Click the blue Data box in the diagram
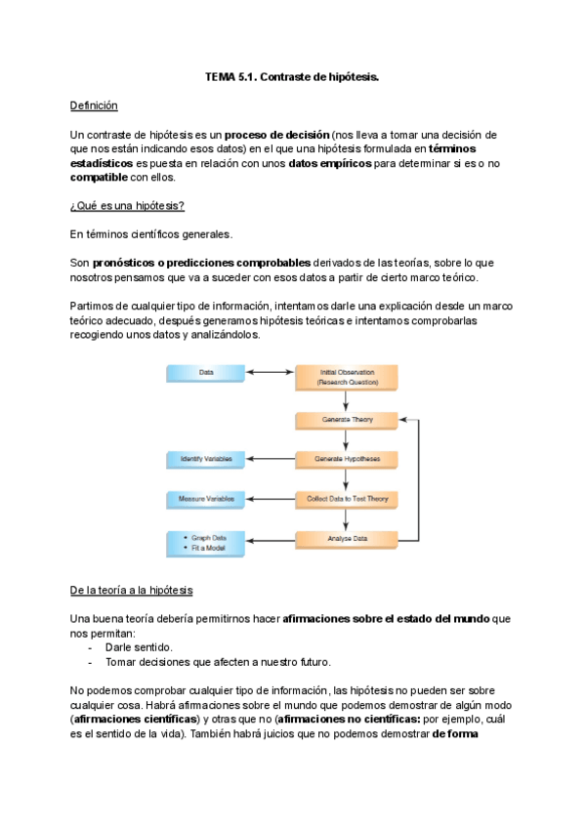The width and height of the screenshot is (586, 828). click(206, 373)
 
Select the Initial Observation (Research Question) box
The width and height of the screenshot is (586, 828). click(346, 377)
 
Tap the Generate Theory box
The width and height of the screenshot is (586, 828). click(346, 419)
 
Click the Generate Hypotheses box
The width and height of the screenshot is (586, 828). click(346, 459)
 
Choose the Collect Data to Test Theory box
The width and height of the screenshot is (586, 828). click(346, 499)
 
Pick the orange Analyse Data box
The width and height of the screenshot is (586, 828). click(346, 539)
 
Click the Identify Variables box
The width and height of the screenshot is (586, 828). click(206, 459)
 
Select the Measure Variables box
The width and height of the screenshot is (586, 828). click(206, 499)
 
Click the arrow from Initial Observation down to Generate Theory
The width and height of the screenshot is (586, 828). click(346, 399)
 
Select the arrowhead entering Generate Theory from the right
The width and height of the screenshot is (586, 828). click(404, 419)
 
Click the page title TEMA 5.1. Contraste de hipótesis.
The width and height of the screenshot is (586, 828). click(291, 76)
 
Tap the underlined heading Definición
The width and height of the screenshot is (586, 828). click(94, 104)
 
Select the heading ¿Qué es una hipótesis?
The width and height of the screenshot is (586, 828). click(127, 205)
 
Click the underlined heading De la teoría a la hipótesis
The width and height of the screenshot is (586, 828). click(131, 591)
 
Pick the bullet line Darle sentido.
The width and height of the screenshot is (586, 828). click(139, 646)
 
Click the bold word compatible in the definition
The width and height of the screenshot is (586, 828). click(99, 177)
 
